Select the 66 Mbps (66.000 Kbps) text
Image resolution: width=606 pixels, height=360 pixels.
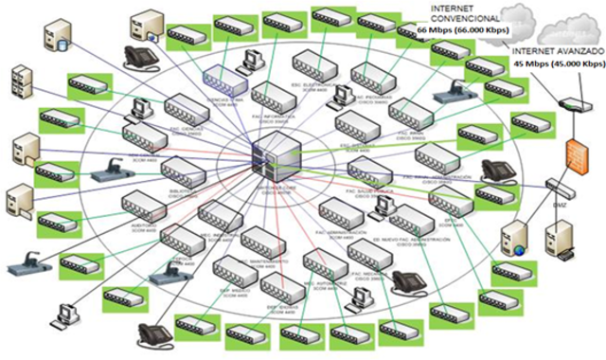[x=460, y=29]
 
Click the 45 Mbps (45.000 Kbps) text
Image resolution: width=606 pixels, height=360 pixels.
[x=558, y=63]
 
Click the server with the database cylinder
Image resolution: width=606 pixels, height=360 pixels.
[x=56, y=37]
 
